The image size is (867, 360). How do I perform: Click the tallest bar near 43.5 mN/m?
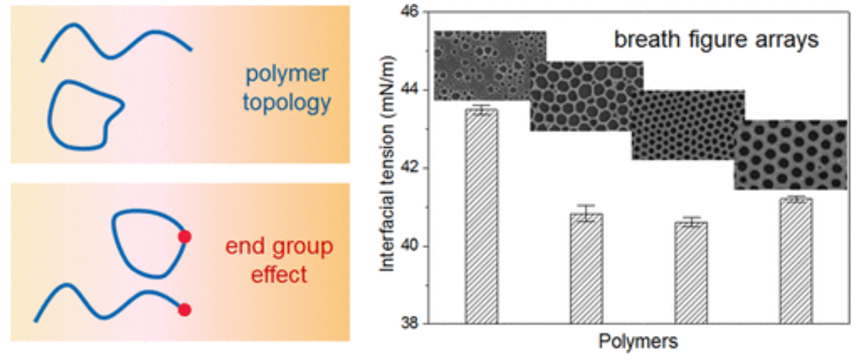click(x=482, y=217)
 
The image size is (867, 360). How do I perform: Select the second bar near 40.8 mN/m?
click(x=586, y=268)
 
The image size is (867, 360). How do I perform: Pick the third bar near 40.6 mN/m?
click(x=691, y=273)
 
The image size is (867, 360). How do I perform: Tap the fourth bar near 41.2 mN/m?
click(x=796, y=261)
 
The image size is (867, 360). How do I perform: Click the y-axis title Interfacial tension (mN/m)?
click(x=388, y=168)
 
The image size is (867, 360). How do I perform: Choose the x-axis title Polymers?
click(x=638, y=343)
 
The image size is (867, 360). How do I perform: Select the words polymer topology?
click(x=287, y=89)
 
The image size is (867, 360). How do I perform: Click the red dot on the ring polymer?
click(x=184, y=238)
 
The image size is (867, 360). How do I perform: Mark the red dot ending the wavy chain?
click(x=184, y=308)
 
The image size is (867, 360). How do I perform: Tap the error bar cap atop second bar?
click(x=586, y=205)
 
